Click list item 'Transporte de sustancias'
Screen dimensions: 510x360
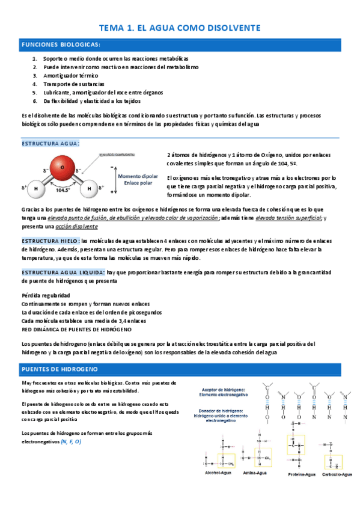pyautogui.click(x=73, y=84)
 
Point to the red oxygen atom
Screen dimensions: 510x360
pyautogui.click(x=60, y=164)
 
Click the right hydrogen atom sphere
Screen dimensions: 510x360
pyautogui.click(x=90, y=188)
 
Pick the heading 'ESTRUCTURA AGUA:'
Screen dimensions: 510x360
pyautogui.click(x=50, y=143)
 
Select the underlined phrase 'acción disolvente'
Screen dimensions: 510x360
pyautogui.click(x=77, y=227)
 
